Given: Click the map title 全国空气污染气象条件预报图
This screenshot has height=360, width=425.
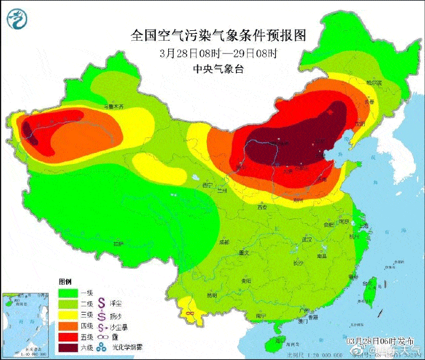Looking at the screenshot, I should pyautogui.click(x=218, y=35).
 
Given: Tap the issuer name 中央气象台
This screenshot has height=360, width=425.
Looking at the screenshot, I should pyautogui.click(x=218, y=69).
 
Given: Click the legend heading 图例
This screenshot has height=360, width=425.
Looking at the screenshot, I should pyautogui.click(x=66, y=280).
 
